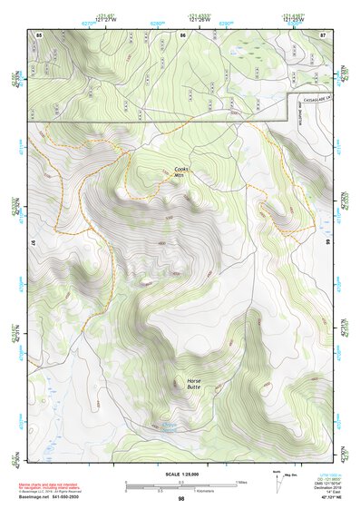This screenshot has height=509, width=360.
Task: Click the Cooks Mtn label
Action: (x=182, y=171)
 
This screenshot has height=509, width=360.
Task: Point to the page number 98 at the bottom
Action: (x=181, y=498)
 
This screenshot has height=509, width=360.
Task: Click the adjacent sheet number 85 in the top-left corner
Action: (x=39, y=34)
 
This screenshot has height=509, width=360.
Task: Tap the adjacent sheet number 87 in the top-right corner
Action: (x=323, y=34)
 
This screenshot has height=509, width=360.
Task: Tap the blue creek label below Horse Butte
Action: (x=170, y=425)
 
